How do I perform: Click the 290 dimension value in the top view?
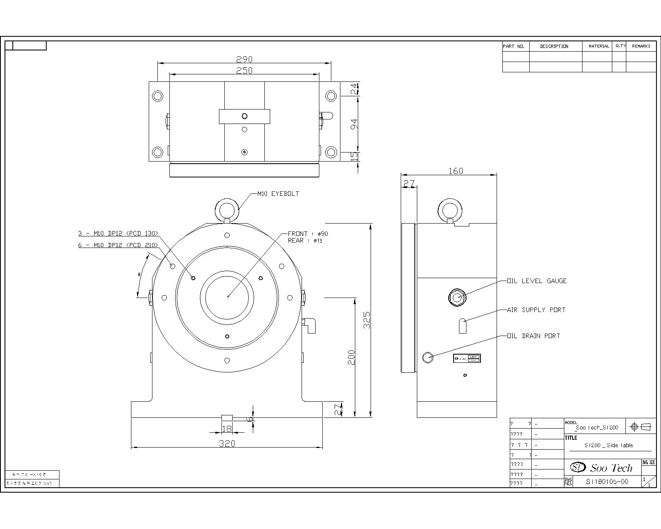coord(244,60)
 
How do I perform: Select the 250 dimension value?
coord(244,71)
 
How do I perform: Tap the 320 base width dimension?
coord(227,443)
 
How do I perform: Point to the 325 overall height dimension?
coord(367,320)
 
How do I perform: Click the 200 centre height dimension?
coord(352,357)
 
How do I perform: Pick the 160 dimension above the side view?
coord(456,171)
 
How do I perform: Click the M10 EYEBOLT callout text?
coord(278,193)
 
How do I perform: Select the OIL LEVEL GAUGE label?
coord(537,281)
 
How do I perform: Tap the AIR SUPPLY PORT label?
coord(536,310)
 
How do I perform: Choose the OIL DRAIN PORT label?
coord(533,336)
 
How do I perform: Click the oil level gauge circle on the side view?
coord(457,297)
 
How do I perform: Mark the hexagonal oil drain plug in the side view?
coord(428,357)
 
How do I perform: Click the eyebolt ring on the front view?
coord(227,210)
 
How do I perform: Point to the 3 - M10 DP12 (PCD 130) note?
coord(118,234)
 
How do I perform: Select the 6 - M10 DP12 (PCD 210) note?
coord(118,245)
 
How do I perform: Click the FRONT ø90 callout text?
coord(308,234)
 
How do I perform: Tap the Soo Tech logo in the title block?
coord(602,467)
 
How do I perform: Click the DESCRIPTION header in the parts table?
coord(554,46)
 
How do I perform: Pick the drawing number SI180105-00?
coord(607,481)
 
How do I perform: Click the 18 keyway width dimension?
coord(227,429)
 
